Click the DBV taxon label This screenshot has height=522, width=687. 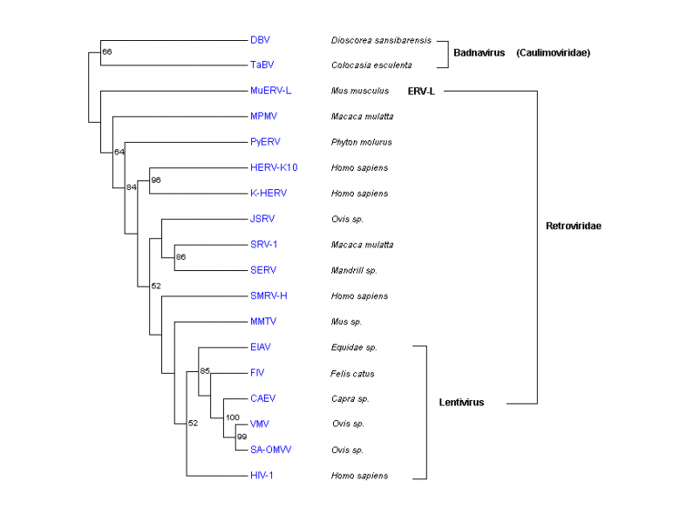[259, 39]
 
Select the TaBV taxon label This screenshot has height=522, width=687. [261, 65]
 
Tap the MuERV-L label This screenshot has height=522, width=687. [269, 91]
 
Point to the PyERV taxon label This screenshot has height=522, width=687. [264, 142]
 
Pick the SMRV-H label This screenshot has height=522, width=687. [269, 296]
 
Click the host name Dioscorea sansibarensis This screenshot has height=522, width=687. [380, 40]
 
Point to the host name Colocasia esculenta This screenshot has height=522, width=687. [371, 65]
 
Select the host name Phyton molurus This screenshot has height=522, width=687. [360, 142]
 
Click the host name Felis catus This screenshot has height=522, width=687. [353, 373]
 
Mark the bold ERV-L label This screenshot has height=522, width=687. [420, 91]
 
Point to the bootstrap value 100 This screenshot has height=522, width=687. [232, 417]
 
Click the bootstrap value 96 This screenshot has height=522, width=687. [157, 180]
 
